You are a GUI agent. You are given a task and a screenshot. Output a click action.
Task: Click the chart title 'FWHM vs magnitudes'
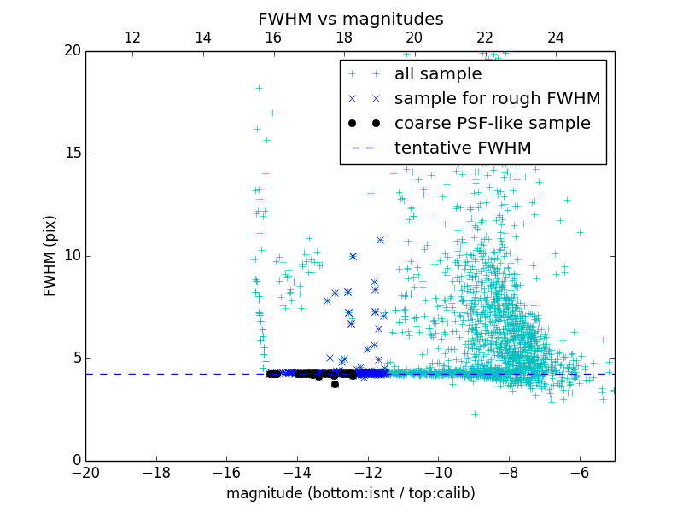coord(350,19)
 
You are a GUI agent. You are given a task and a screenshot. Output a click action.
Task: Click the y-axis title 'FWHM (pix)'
coord(50,256)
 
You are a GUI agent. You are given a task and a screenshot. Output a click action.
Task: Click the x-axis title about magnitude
coord(350,493)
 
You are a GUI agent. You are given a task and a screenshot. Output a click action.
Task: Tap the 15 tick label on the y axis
coord(72,154)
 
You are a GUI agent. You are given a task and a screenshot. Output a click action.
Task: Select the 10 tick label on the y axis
coord(72,256)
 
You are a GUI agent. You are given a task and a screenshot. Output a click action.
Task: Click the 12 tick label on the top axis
coord(132,38)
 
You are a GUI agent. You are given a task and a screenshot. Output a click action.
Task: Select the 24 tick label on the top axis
coord(556,38)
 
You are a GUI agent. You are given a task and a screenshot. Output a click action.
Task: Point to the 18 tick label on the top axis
coord(344,38)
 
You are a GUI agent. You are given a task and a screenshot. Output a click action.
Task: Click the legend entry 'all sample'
coord(438,74)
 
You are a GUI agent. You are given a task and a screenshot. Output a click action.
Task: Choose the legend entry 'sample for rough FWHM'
coord(497,99)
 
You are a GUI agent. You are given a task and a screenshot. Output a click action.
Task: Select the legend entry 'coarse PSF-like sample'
coord(492,124)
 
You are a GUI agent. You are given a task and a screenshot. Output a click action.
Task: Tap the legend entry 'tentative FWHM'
coord(462,148)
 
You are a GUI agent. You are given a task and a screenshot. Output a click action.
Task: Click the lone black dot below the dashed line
coord(335,384)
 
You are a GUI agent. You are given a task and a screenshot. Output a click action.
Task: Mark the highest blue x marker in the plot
coord(380,240)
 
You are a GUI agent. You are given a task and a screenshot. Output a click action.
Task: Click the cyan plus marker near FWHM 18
coord(259,88)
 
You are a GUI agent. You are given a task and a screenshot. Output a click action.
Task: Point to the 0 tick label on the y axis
coord(75,461)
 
